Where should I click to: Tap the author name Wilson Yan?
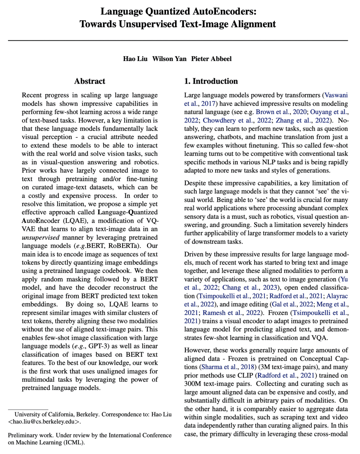tap(169, 59)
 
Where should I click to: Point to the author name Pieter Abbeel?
tap(211, 59)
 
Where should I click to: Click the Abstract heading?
tap(90, 81)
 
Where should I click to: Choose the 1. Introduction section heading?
tap(211, 81)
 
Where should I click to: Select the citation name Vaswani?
tap(336, 95)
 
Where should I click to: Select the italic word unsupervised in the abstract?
tap(41, 237)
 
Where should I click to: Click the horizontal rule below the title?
tap(178, 41)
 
